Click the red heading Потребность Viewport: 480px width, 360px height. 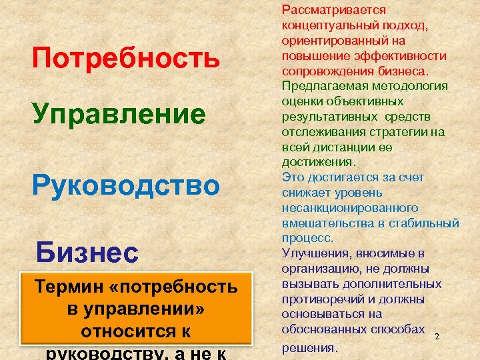(x=126, y=58)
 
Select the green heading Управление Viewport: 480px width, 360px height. (x=119, y=114)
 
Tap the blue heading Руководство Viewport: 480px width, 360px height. (x=126, y=185)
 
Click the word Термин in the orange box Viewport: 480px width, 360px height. (x=71, y=287)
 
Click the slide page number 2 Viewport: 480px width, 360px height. (x=437, y=337)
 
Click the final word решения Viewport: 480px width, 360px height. (x=310, y=347)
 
